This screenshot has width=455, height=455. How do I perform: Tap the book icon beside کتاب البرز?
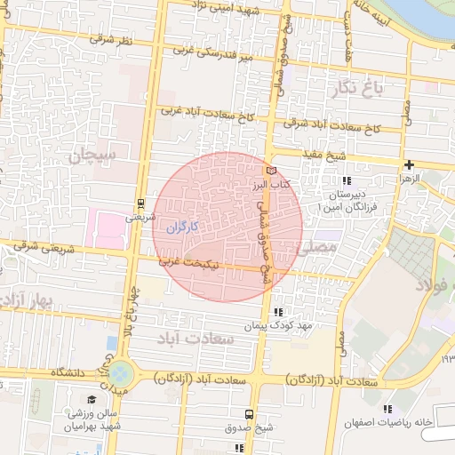click(x=271, y=169)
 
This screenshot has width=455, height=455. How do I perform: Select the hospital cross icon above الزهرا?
click(x=409, y=164)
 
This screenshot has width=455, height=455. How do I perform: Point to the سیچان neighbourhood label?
click(x=96, y=156)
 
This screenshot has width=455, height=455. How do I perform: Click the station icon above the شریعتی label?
click(x=141, y=204)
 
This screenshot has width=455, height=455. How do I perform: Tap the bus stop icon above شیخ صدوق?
click(x=250, y=414)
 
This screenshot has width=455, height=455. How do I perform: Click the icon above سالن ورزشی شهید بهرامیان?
click(x=89, y=399)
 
